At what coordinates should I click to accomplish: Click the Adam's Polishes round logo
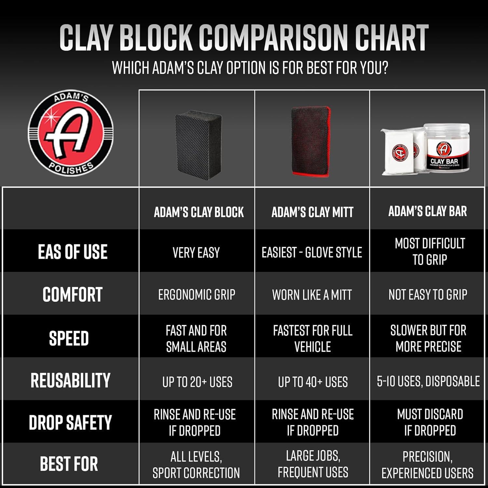tap(71, 134)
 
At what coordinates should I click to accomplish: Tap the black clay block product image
tap(196, 143)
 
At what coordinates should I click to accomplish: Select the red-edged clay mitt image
tap(311, 141)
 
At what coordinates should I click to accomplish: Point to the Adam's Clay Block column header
tap(198, 212)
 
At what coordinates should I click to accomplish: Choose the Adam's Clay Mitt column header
tap(312, 212)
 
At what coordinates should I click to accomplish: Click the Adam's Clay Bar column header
tap(427, 211)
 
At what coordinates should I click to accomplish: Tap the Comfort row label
tap(73, 294)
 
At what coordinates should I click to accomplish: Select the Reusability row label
tap(70, 380)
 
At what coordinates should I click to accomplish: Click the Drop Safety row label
tap(70, 422)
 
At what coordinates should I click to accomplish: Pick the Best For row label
tap(69, 464)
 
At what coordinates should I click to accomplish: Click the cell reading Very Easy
tap(196, 252)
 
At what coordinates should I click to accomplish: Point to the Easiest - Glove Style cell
tap(312, 252)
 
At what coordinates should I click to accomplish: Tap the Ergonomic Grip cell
tap(197, 295)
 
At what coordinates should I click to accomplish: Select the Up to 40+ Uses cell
tap(313, 382)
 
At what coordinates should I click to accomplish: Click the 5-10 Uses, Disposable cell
tap(428, 381)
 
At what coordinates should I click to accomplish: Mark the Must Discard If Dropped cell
tap(430, 422)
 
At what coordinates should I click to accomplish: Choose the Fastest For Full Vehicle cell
tap(313, 339)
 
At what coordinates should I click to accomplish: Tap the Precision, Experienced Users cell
tap(427, 465)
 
